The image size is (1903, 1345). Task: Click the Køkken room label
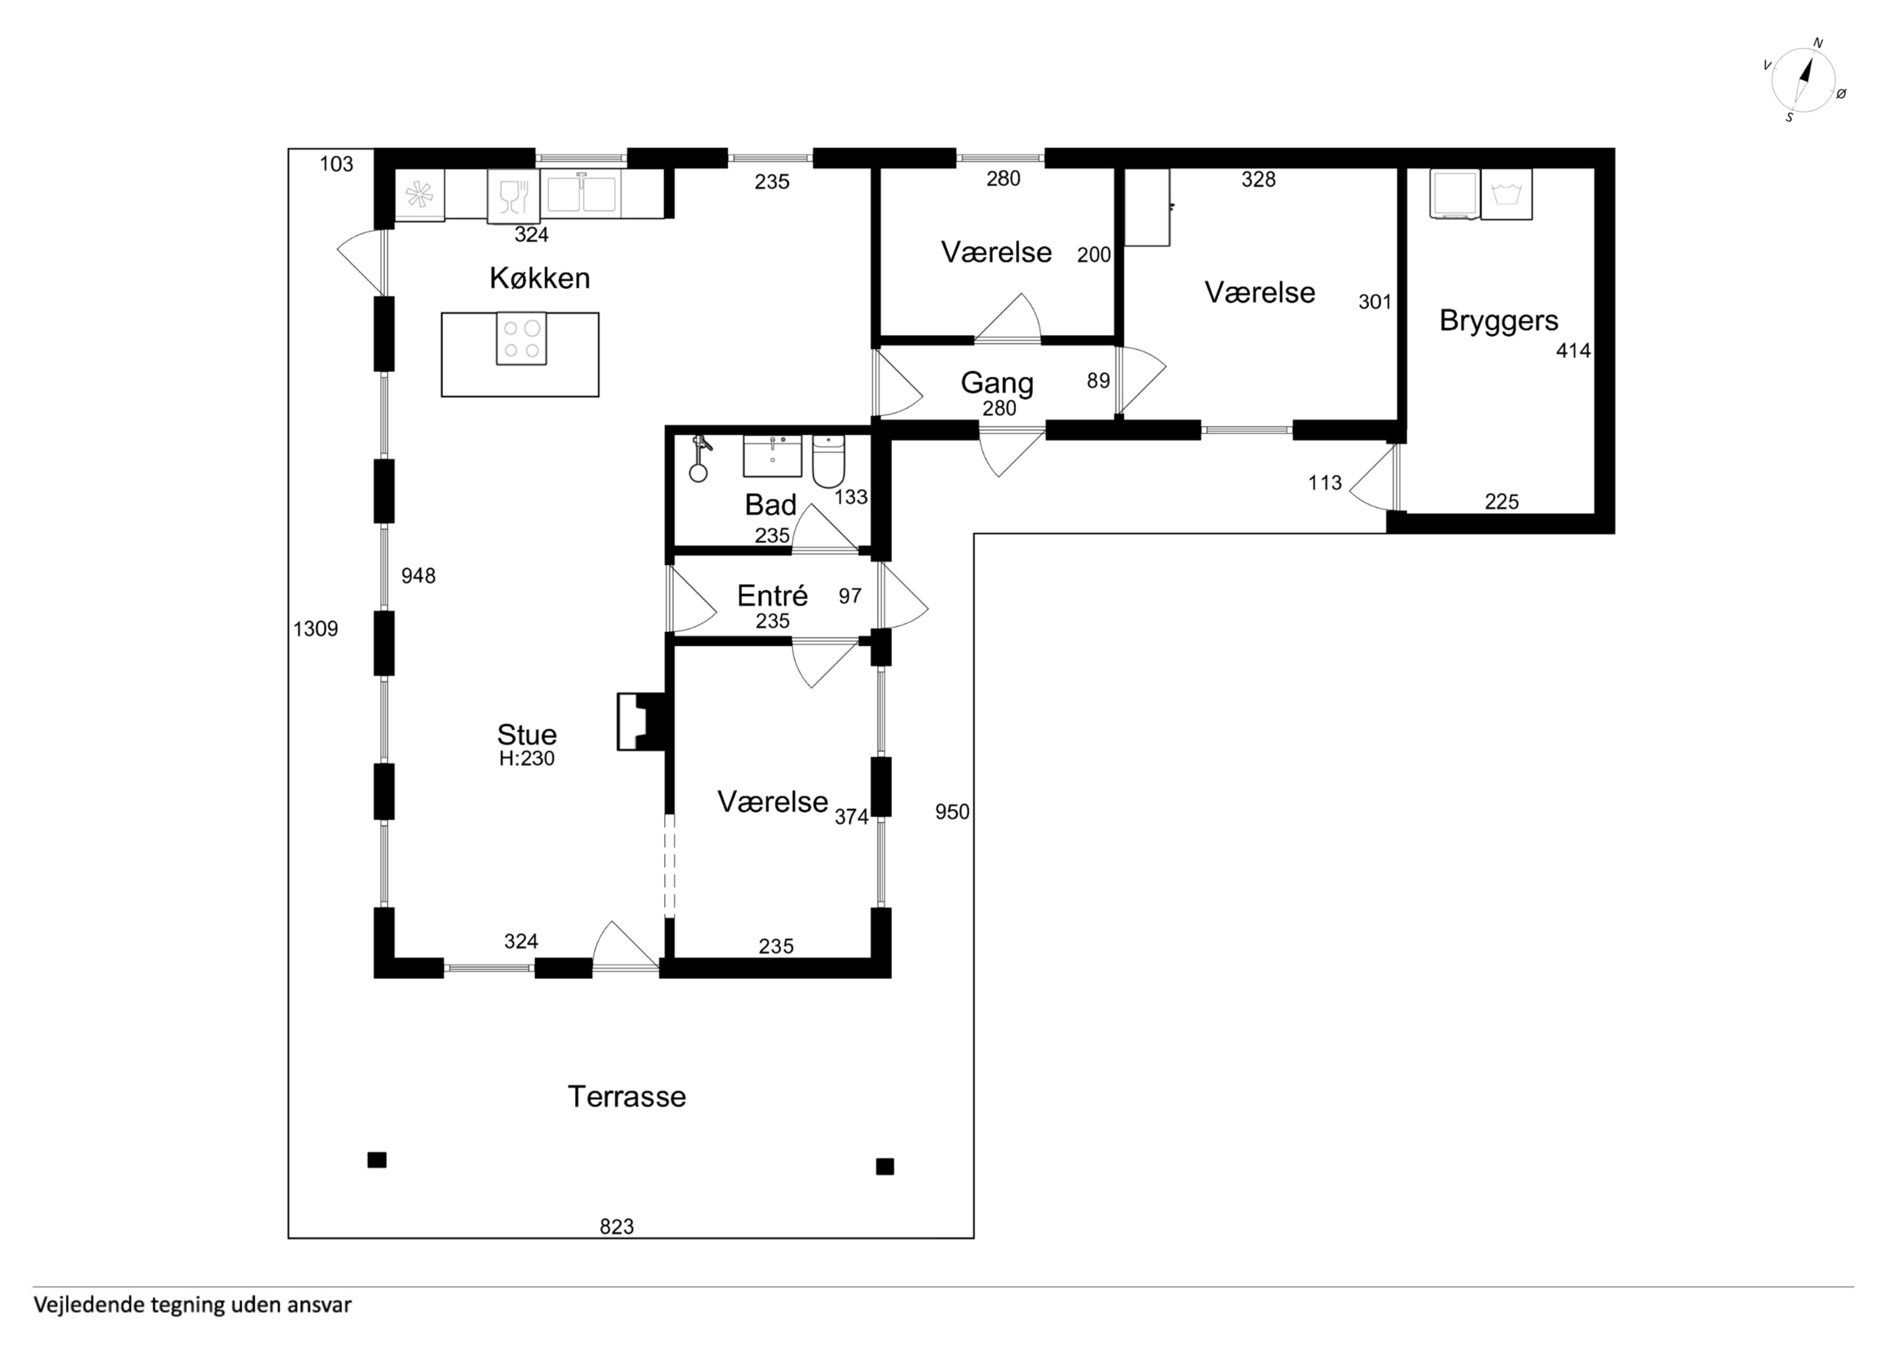[x=539, y=278]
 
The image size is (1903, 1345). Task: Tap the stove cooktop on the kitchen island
[x=521, y=338]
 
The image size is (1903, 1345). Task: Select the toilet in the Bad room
[x=828, y=461]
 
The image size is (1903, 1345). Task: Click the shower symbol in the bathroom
[x=700, y=458]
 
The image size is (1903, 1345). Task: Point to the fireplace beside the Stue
[x=642, y=722]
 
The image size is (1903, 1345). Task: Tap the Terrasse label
[x=627, y=1097]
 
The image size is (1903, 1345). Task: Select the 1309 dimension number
[x=316, y=629]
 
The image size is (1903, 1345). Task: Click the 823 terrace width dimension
[x=617, y=1227]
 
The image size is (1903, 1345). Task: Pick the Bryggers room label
[x=1499, y=321]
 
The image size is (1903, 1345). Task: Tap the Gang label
[x=997, y=383]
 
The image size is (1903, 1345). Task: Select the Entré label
[x=772, y=595]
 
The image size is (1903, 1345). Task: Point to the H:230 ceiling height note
[x=527, y=758]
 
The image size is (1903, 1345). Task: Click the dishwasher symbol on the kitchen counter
[x=514, y=196]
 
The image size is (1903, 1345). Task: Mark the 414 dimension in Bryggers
[x=1573, y=351]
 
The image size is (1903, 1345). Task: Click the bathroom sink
[x=772, y=456]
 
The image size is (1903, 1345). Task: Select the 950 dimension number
[x=952, y=812]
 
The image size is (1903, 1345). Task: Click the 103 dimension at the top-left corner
[x=336, y=164]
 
